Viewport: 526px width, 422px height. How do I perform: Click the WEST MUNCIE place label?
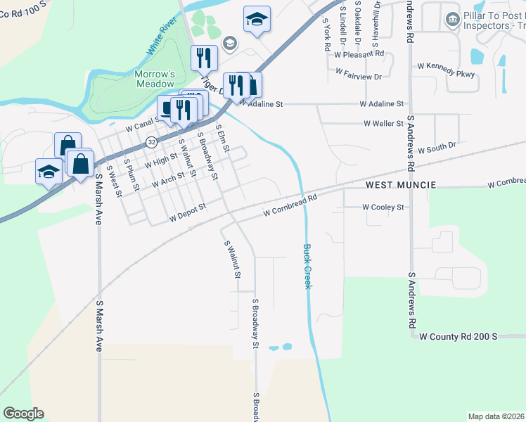coord(401,185)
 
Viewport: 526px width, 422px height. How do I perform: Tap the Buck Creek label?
coord(307,266)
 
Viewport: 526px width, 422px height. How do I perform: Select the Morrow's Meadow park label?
coord(155,79)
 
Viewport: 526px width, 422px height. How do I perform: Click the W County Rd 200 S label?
coord(458,337)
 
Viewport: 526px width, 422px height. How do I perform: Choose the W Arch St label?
coord(167,182)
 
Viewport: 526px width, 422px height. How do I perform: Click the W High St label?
coord(159,162)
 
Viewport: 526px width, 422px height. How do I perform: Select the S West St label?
coord(114,181)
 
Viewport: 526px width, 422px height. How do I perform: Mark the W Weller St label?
coord(383,124)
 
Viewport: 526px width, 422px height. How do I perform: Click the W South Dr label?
coord(437,149)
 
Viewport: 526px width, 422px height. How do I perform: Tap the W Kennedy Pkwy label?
coord(446,65)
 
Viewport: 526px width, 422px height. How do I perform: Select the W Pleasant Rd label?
coord(359,53)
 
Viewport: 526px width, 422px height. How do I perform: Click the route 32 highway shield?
coord(152,142)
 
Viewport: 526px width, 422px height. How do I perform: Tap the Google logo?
coord(23,414)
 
